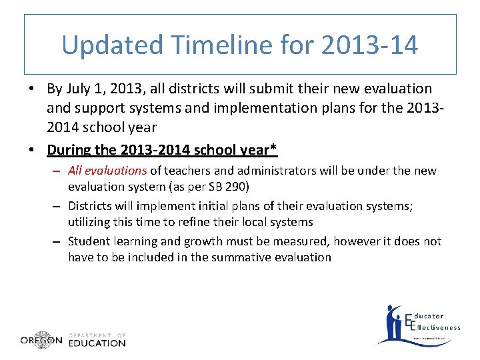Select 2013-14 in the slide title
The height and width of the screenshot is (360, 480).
369,45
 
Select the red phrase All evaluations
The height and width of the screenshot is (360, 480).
107,171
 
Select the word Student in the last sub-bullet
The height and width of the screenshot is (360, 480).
89,241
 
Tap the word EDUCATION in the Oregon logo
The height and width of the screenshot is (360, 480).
97,343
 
